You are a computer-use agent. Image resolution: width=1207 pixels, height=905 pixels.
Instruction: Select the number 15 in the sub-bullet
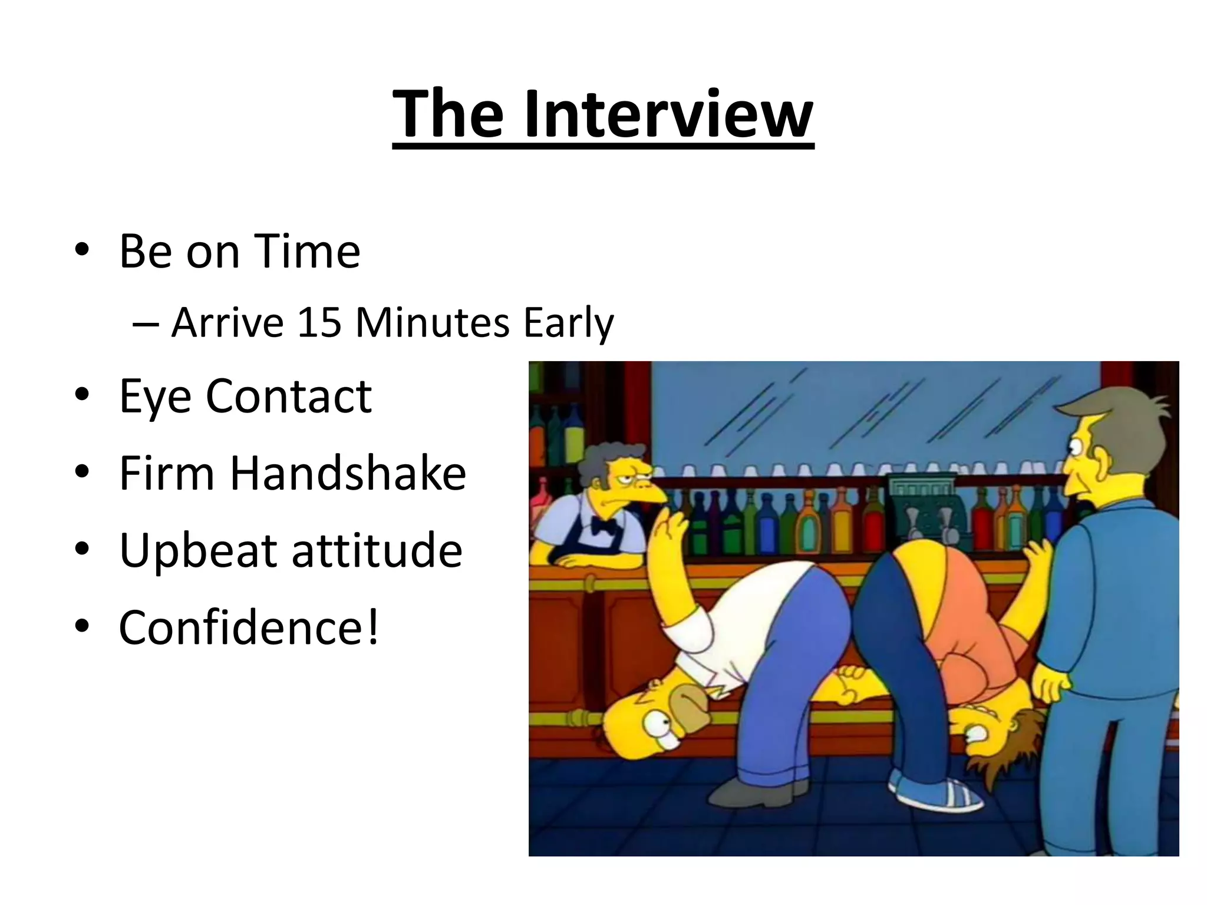(x=320, y=323)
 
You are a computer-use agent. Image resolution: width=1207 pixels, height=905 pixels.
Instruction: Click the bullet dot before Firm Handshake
(x=82, y=472)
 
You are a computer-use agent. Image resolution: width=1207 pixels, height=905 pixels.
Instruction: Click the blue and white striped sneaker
(x=937, y=792)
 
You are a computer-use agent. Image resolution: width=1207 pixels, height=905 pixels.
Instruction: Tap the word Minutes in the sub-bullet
(x=432, y=323)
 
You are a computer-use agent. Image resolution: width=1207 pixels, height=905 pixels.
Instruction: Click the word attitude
(x=377, y=551)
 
